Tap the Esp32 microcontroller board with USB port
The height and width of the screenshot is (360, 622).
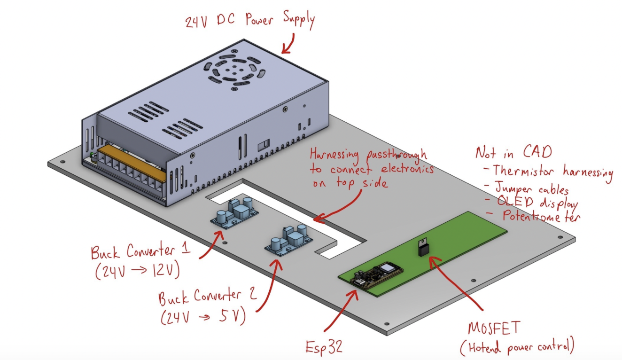click(379, 276)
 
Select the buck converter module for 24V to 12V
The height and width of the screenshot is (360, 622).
click(234, 212)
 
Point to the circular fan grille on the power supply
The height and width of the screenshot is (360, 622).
click(234, 70)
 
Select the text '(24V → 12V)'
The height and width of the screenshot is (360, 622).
click(138, 270)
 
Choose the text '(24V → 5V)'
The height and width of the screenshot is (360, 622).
click(203, 316)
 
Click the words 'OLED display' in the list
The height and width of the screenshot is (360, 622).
click(537, 202)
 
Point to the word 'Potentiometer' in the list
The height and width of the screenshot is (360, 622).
click(542, 216)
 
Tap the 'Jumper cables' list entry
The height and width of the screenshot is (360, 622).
click(532, 188)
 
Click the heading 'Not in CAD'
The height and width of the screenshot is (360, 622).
click(513, 152)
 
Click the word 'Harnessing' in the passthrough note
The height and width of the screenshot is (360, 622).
click(334, 155)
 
